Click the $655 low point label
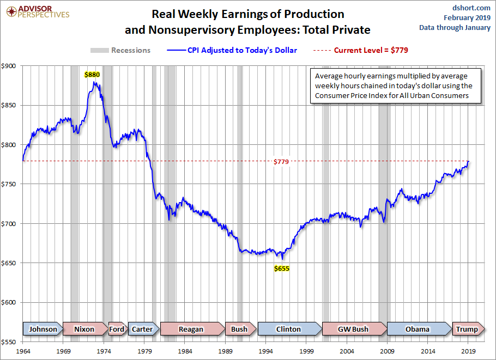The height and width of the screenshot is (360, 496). tap(281, 269)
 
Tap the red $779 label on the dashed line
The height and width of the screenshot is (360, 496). tap(281, 162)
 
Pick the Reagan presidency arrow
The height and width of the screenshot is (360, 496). tap(192, 329)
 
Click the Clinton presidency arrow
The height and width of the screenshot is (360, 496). tap(289, 329)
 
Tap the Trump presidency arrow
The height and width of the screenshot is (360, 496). tap(468, 329)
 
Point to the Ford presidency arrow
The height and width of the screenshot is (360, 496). tap(117, 329)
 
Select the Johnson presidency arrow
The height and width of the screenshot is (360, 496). tap(43, 329)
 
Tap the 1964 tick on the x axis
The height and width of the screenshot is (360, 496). tap(23, 352)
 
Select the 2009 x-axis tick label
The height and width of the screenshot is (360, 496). tap(388, 352)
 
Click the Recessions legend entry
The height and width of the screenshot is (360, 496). tap(120, 51)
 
